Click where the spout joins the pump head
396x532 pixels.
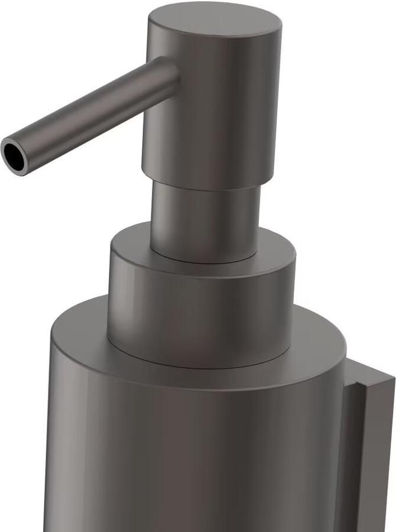pyautogui.click(x=173, y=74)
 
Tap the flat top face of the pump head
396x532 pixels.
pyautogui.click(x=214, y=22)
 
